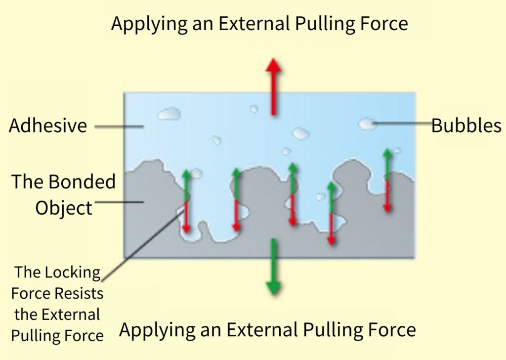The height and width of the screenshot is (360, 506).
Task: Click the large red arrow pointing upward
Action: pos(273,87)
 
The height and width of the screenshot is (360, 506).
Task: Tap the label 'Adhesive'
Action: pos(48,126)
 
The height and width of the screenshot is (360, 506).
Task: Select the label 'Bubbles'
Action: pos(466,126)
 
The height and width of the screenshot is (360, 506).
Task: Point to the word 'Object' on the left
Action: pos(64,208)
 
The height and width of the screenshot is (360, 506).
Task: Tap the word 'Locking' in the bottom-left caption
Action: pos(77,272)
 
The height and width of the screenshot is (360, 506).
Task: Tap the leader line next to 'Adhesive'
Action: pos(119,127)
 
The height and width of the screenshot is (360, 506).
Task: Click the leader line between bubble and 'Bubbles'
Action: pos(403,124)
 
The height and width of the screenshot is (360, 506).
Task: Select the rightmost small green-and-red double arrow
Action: pos(387,180)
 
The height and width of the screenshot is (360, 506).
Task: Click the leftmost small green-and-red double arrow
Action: pos(186,201)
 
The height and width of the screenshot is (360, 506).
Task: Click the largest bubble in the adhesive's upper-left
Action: pos(169,114)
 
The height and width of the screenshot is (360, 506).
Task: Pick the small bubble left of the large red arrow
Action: pos(253,109)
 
